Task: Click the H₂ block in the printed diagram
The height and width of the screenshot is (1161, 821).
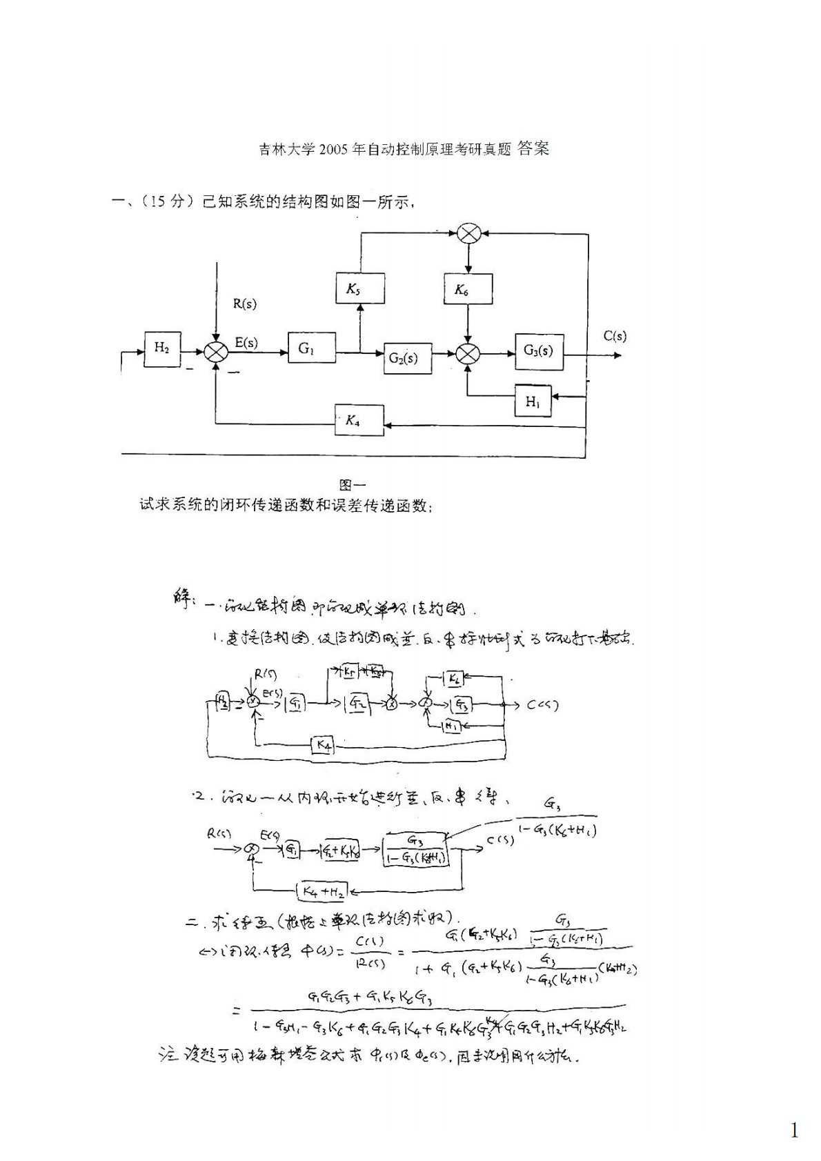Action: click(x=162, y=348)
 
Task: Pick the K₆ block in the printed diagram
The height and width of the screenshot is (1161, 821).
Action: click(x=468, y=289)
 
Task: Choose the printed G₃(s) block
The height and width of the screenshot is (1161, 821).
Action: click(x=538, y=350)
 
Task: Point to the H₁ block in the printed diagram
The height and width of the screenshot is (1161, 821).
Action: click(x=533, y=401)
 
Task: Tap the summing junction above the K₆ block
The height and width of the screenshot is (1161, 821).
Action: click(x=468, y=235)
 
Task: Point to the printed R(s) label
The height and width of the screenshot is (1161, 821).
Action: click(x=245, y=304)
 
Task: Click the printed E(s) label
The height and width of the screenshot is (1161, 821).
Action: click(x=246, y=342)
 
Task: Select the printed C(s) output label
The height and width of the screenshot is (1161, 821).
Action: click(x=615, y=337)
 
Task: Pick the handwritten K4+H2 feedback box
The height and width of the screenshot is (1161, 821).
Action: click(x=322, y=891)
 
